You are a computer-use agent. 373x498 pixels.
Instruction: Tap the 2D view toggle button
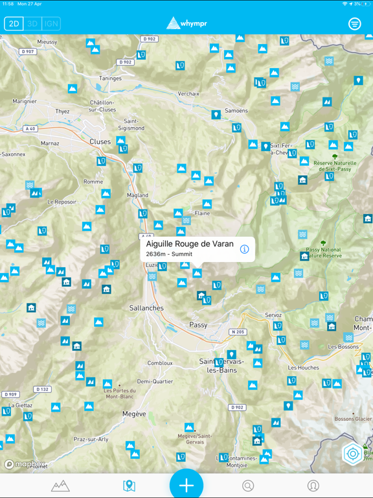(14, 24)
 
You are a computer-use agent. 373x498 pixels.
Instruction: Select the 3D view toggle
(32, 24)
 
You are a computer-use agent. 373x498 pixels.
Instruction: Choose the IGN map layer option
(51, 24)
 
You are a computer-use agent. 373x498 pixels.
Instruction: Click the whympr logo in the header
(186, 24)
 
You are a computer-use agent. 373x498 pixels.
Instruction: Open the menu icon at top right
(354, 24)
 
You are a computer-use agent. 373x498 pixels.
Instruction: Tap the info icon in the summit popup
(244, 249)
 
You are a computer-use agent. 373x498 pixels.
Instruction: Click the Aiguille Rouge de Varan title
(190, 244)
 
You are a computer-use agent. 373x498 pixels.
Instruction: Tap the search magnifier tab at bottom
(248, 485)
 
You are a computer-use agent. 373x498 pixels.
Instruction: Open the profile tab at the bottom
(313, 485)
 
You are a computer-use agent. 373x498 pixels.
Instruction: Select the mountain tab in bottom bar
(60, 485)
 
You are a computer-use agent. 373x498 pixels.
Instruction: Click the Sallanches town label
(146, 308)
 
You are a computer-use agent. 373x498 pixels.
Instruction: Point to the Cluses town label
(100, 141)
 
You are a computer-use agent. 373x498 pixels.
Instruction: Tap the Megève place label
(134, 413)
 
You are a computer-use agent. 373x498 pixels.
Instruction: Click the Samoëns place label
(236, 111)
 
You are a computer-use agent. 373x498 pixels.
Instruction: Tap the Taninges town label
(110, 78)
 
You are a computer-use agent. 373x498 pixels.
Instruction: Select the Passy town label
(198, 325)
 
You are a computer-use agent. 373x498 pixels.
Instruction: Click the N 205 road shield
(238, 332)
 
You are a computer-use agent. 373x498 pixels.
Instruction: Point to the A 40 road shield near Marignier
(30, 129)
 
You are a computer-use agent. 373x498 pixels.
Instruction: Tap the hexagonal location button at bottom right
(354, 454)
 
